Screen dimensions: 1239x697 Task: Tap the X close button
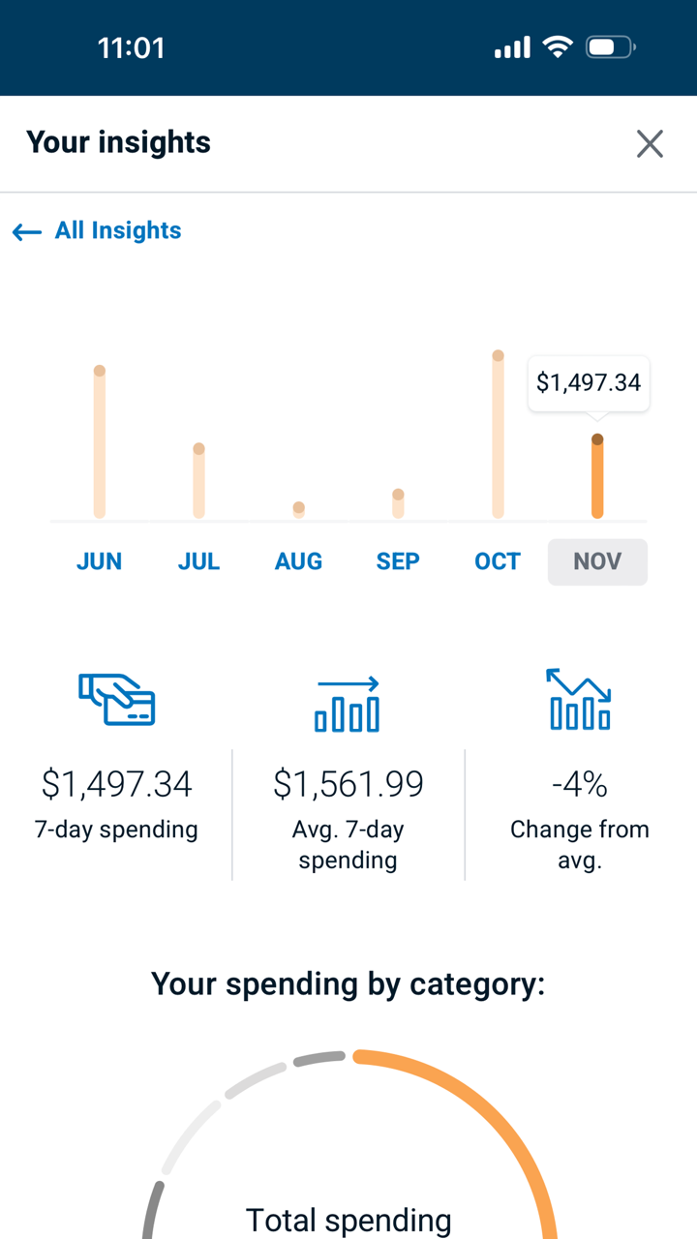650,144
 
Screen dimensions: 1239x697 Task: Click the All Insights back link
98,230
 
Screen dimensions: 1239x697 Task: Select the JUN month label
99,561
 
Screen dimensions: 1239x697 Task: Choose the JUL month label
198,561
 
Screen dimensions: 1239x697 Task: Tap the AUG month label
298,561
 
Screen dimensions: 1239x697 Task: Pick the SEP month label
398,561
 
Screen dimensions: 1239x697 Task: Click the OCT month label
498,561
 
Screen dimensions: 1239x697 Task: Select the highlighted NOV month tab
597,561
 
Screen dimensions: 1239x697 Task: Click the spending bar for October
498,436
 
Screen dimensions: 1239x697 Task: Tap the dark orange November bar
597,478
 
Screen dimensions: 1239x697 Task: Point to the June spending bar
99,443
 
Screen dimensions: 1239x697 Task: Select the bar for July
198,482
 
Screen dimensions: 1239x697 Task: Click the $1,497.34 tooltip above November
589,383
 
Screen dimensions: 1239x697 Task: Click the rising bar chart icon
348,705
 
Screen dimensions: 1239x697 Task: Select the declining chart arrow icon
579,699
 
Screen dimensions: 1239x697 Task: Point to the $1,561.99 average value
348,784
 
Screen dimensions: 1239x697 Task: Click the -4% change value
579,784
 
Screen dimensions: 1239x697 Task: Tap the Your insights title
118,143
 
